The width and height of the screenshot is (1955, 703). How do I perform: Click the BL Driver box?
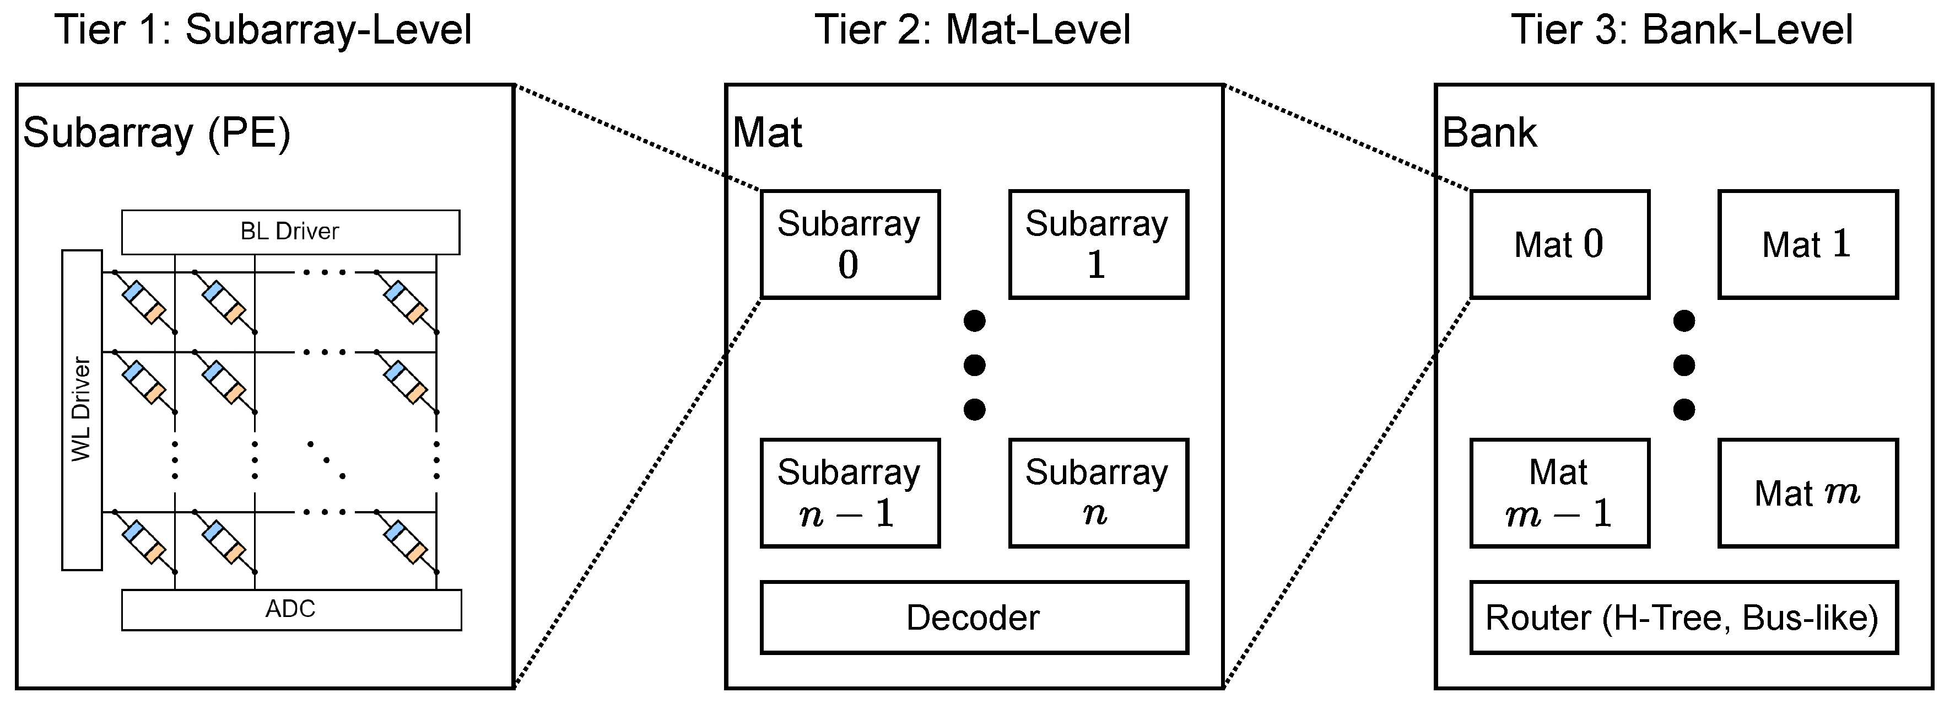290,232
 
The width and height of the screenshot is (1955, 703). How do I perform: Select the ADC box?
291,610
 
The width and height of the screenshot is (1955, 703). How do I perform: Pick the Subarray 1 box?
1098,244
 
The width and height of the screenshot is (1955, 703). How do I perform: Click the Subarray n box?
1098,493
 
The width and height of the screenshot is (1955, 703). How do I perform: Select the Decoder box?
974,617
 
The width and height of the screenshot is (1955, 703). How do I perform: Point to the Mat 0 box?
1559,244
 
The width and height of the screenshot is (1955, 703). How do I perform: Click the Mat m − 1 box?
1559,493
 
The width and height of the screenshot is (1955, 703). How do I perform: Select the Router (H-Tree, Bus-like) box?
1683,617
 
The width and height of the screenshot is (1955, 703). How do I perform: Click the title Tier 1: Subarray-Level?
263,30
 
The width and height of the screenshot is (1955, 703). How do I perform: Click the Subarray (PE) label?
157,133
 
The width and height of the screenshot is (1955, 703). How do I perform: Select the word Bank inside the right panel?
1489,133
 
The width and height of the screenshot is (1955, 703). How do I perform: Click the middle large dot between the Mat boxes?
1683,365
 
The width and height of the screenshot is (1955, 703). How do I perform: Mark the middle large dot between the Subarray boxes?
974,365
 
